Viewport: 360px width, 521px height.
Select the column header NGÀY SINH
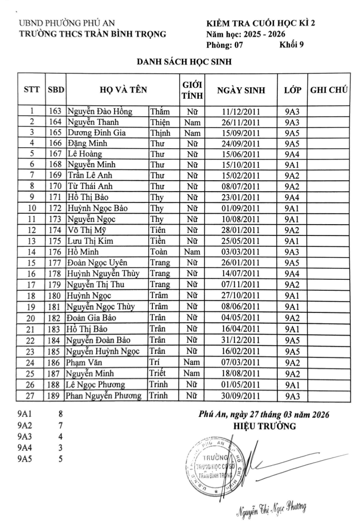click(x=241, y=90)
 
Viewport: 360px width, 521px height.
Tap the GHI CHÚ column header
click(x=328, y=90)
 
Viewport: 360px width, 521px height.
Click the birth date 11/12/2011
click(x=241, y=112)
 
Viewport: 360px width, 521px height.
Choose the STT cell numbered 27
click(x=32, y=396)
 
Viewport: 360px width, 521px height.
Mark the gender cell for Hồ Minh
click(x=192, y=252)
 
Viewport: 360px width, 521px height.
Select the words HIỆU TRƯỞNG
click(x=264, y=426)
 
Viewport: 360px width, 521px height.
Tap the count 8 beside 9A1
click(x=60, y=414)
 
